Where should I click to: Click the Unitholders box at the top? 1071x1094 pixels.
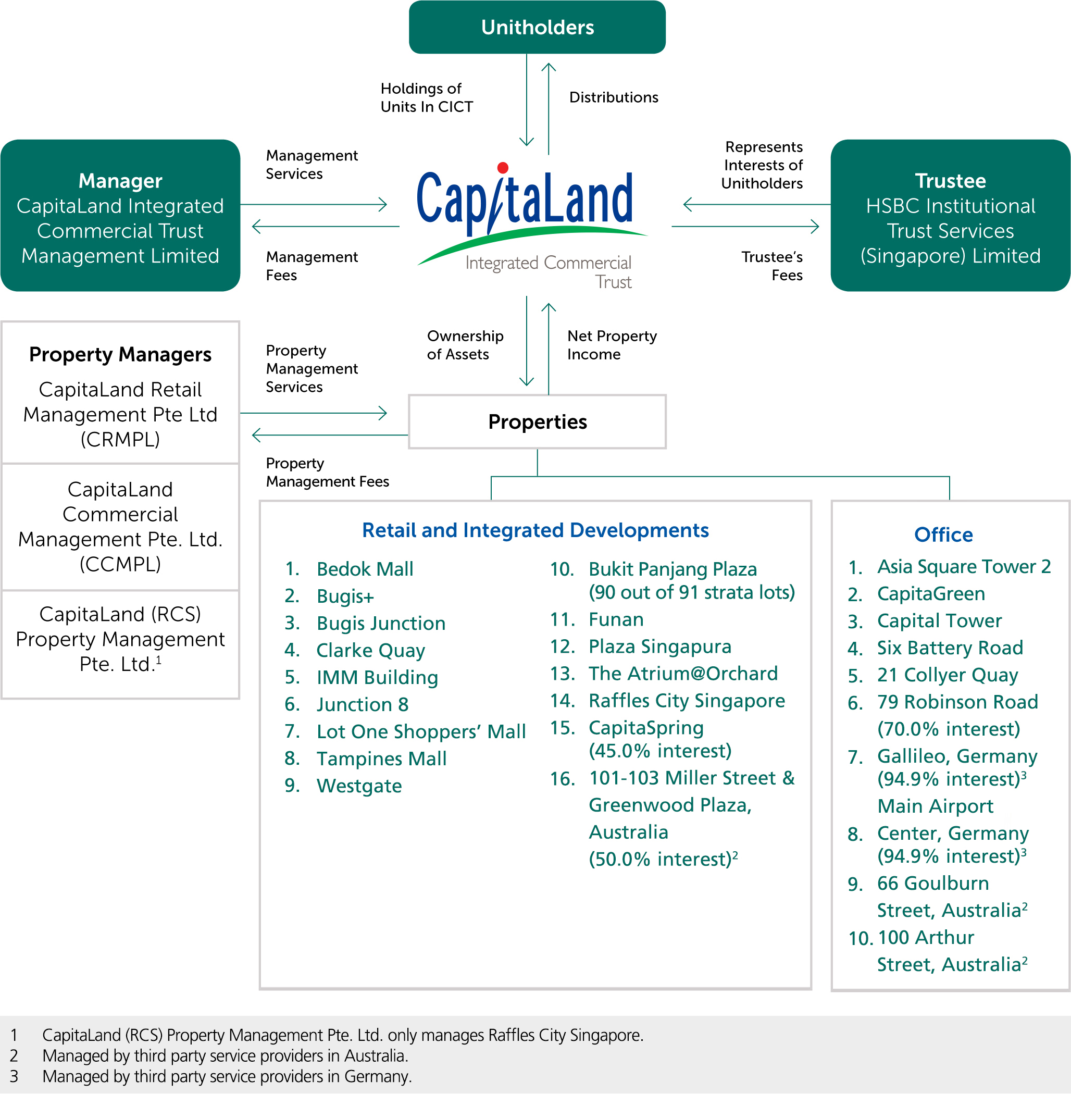537,27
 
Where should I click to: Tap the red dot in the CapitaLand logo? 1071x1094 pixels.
503,168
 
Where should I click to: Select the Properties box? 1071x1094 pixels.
537,422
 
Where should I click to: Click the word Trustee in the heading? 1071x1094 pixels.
950,181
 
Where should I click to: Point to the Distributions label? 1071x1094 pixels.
614,97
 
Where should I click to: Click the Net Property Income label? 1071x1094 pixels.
612,345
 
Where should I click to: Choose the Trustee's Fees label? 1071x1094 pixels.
772,266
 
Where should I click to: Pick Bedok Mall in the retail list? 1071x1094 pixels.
365,569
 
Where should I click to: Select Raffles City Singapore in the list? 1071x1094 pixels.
686,701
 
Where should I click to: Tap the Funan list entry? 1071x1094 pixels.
616,619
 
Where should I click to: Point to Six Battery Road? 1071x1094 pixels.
950,648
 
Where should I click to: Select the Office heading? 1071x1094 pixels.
943,534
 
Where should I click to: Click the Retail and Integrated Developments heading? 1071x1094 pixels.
535,530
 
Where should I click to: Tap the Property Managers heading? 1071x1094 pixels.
120,354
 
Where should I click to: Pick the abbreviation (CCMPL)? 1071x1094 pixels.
120,564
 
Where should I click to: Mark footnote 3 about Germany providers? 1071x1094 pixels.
227,1076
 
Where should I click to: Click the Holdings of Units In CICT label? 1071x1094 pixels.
427,97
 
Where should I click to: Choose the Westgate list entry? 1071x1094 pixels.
359,786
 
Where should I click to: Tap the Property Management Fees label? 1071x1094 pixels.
327,473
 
